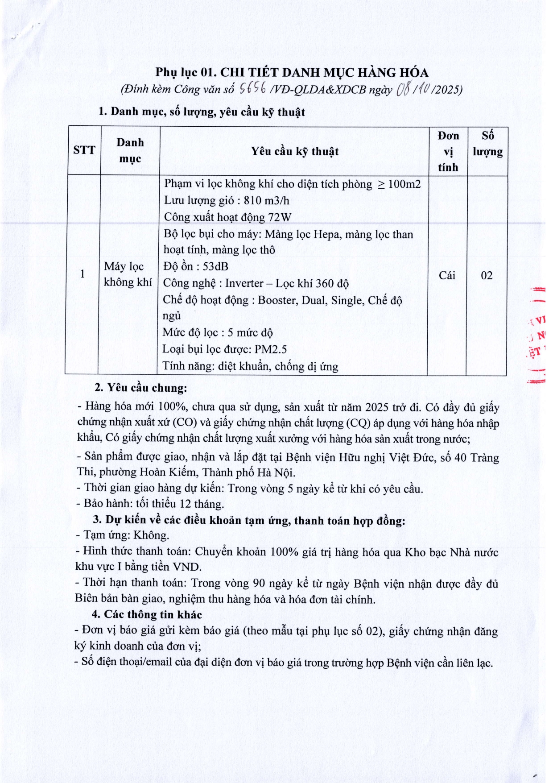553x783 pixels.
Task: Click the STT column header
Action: tap(84, 150)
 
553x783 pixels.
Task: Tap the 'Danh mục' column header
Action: tap(130, 150)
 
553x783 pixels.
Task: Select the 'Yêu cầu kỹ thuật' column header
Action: tap(295, 151)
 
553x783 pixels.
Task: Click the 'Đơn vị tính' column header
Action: tap(448, 151)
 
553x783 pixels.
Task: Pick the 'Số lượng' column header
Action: tap(487, 144)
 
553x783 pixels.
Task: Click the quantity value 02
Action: tap(487, 275)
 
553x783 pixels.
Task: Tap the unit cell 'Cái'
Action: tap(447, 275)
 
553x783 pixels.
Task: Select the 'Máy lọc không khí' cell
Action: tap(128, 274)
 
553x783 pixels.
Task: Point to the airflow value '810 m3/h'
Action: tap(266, 201)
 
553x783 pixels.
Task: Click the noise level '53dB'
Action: tap(215, 267)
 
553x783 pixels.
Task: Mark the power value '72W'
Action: tap(280, 217)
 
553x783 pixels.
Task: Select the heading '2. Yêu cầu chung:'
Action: tap(141, 388)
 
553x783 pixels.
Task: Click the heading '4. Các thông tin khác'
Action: tap(147, 614)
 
